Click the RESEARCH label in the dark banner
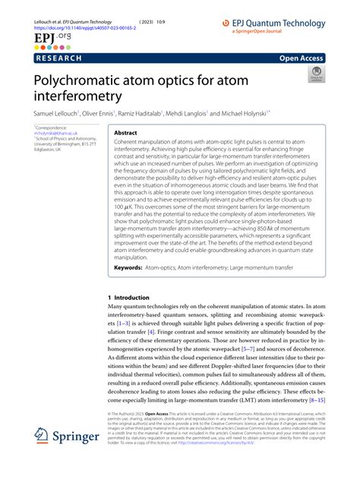[x=60, y=57]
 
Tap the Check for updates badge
[x=314, y=74]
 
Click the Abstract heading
[x=126, y=133]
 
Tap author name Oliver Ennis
[x=100, y=113]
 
